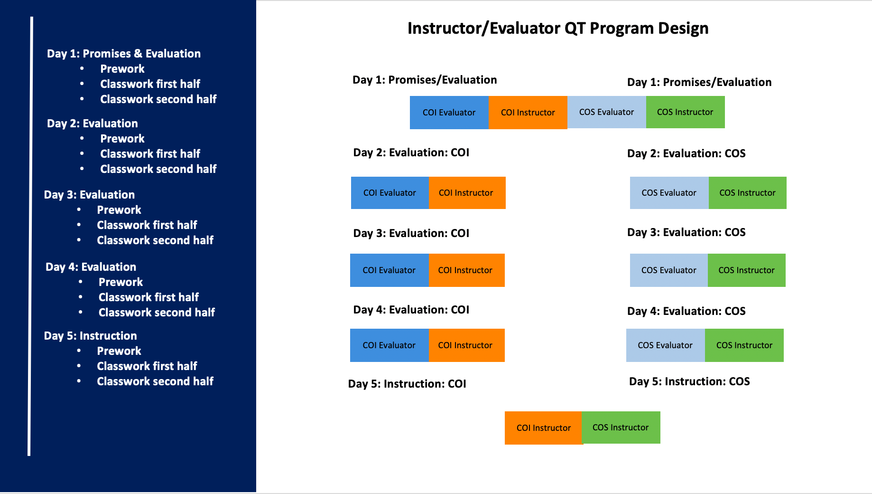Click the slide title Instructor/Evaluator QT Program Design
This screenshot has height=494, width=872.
coord(558,28)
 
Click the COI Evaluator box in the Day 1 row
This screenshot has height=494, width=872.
coord(449,113)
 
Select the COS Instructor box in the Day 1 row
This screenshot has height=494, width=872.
coord(685,112)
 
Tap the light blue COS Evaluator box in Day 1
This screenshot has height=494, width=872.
coord(606,112)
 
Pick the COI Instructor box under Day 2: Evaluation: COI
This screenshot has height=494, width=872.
coord(467,193)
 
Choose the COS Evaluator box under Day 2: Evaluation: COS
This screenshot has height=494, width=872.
coord(669,193)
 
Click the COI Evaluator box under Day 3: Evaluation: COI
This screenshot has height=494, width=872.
coord(389,270)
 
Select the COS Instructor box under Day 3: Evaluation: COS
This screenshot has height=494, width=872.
coord(746,270)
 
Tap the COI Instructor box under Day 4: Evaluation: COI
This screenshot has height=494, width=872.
coord(466,345)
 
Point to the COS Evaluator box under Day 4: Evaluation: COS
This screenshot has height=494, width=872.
coord(665,345)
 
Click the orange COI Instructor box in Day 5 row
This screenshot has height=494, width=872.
coord(543,428)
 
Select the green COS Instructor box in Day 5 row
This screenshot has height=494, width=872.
coord(621,427)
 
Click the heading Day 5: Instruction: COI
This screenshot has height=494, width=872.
coord(407,384)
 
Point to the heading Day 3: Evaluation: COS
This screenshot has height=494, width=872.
coord(686,232)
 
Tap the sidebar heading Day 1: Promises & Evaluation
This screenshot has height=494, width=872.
coord(124,54)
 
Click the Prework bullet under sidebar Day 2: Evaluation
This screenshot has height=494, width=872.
coord(122,139)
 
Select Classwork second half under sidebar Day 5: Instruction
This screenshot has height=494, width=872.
coord(155,381)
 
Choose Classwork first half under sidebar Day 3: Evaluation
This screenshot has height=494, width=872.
coord(147,225)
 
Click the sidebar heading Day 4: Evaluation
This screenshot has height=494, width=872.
coord(91,267)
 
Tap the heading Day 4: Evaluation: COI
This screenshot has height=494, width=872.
coord(411,310)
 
